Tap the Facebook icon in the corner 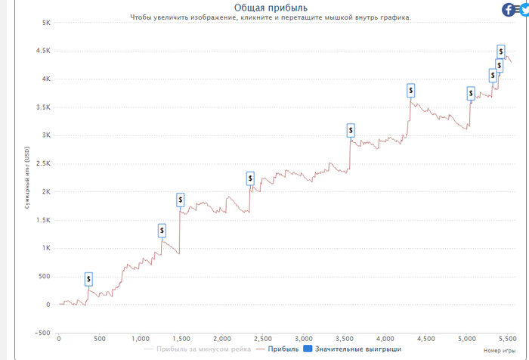pos(509,10)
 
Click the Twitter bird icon pos(524,10)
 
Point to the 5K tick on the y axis pos(45,23)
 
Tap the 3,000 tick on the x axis pos(303,338)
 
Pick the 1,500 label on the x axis pos(181,338)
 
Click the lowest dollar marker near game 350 pos(88,279)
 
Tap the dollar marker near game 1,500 pos(181,200)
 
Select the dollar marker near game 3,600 pos(351,131)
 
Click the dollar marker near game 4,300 pos(410,90)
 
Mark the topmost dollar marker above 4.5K pos(501,51)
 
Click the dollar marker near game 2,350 pos(250,178)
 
